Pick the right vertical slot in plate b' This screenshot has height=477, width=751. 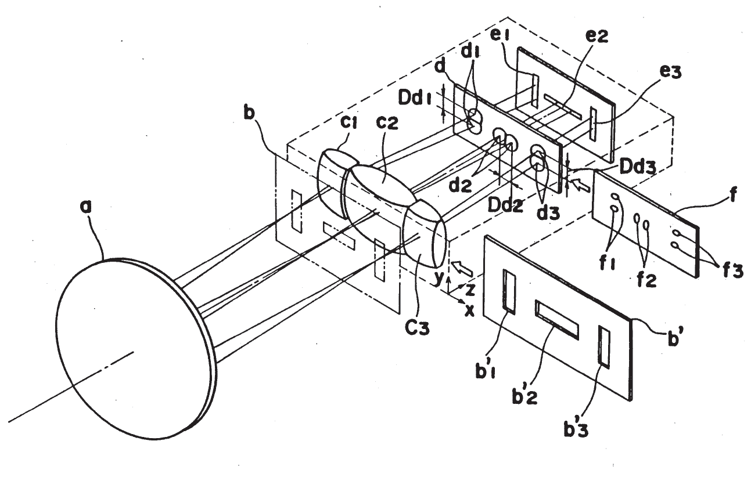[604, 347]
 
